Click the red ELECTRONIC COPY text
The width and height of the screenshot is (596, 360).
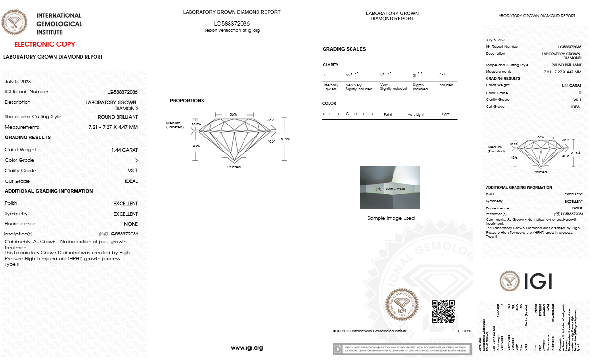click(45, 44)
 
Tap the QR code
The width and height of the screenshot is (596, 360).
click(443, 311)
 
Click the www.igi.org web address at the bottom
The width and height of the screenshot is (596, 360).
click(247, 348)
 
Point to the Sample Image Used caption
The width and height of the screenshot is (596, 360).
click(390, 218)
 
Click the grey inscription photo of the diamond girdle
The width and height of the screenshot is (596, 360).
click(390, 188)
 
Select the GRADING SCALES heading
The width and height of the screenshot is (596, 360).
click(344, 49)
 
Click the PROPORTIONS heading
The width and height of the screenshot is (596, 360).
click(187, 101)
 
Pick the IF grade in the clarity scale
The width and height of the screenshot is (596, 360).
click(325, 75)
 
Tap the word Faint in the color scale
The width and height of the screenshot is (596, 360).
click(388, 114)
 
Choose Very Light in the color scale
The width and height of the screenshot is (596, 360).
click(415, 114)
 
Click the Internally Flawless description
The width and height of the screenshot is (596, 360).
click(331, 87)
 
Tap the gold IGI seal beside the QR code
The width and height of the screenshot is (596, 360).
click(402, 304)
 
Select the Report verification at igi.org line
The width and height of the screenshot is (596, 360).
click(231, 30)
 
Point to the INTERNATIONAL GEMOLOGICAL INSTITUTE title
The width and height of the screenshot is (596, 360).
click(59, 24)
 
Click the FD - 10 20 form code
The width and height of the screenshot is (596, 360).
click(462, 331)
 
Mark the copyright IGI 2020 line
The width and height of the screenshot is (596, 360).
click(370, 331)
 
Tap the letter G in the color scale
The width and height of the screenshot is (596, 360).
click(347, 114)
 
